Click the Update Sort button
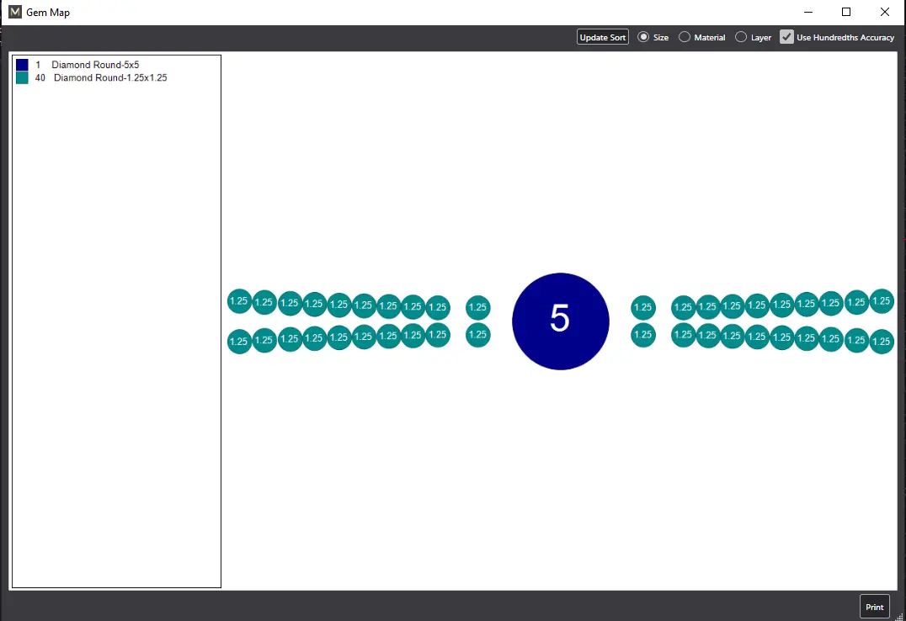pyautogui.click(x=603, y=37)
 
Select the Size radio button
pyautogui.click(x=643, y=37)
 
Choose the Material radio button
pyautogui.click(x=684, y=37)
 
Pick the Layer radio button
pyautogui.click(x=741, y=37)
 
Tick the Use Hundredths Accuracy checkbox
pyautogui.click(x=786, y=37)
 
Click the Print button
pyautogui.click(x=874, y=607)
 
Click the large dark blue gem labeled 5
pyautogui.click(x=561, y=321)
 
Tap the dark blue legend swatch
pyautogui.click(x=22, y=65)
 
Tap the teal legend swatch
pyautogui.click(x=22, y=78)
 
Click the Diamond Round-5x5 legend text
pyautogui.click(x=95, y=65)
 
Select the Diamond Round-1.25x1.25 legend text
pyautogui.click(x=110, y=78)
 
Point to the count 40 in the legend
pyautogui.click(x=40, y=78)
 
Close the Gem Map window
pyautogui.click(x=885, y=12)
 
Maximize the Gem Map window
pyautogui.click(x=846, y=12)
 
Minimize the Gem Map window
pyautogui.click(x=808, y=12)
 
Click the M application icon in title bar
pyautogui.click(x=15, y=12)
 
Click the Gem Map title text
pyautogui.click(x=48, y=12)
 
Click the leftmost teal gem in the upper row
pyautogui.click(x=239, y=301)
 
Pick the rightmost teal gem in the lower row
pyautogui.click(x=882, y=342)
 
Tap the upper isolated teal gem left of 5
pyautogui.click(x=478, y=307)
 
